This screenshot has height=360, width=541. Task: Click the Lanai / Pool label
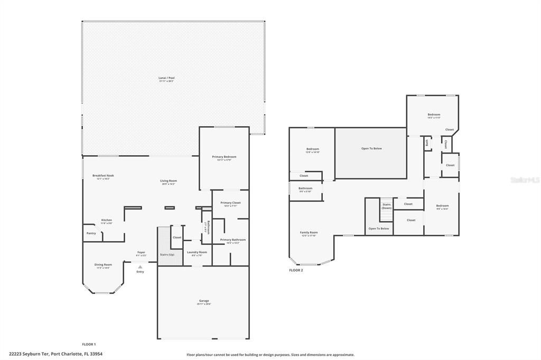[166, 78]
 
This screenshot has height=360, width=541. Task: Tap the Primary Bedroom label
[224, 157]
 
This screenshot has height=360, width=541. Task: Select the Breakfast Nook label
[103, 176]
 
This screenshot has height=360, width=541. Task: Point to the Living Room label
[169, 181]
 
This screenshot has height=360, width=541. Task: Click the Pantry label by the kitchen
[91, 233]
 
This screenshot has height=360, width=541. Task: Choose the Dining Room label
[103, 264]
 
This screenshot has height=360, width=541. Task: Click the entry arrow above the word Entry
[140, 267]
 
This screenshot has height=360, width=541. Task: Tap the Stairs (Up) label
[167, 254]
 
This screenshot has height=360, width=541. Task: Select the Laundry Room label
[197, 252]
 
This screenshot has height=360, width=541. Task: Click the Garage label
[204, 301]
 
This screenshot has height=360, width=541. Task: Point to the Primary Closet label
[230, 203]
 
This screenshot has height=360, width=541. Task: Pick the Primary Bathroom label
[232, 240]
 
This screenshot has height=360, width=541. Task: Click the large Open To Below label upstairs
[371, 148]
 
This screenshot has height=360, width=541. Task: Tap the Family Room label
[309, 232]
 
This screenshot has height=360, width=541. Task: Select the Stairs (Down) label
[387, 206]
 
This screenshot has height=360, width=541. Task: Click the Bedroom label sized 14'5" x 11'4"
[434, 115]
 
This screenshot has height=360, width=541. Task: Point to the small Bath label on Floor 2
[426, 142]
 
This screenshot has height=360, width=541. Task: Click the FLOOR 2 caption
[296, 270]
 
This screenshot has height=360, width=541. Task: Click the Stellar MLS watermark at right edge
[525, 180]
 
